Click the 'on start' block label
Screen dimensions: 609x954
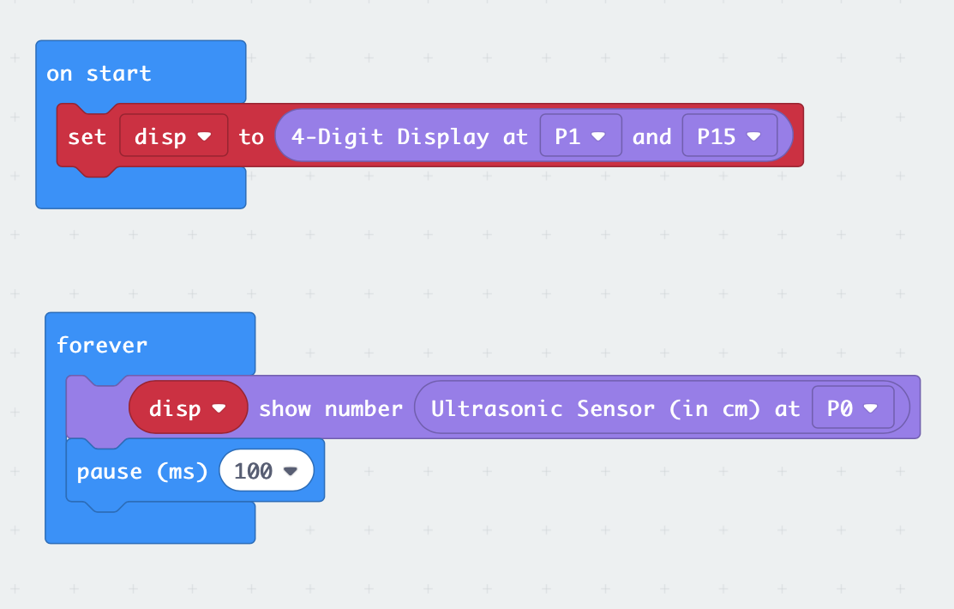[x=99, y=74]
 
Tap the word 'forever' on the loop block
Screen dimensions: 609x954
[x=101, y=345]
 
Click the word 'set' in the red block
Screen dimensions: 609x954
[x=87, y=136]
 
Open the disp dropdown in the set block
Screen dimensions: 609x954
[x=173, y=136]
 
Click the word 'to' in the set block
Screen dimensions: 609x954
[x=251, y=136]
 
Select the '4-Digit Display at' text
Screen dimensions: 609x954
[x=409, y=136]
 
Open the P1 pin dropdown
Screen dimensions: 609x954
[x=580, y=136]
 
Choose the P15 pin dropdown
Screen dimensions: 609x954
[x=729, y=136]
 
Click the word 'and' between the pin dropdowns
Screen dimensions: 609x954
[x=651, y=136]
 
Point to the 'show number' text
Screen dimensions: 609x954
[x=330, y=408]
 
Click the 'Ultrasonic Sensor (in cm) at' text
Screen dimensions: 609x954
[x=615, y=408]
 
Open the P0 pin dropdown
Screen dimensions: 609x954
[x=852, y=408]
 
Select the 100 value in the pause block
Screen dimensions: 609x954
[x=254, y=471]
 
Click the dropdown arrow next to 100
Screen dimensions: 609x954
[x=291, y=471]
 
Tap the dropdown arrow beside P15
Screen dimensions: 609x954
[x=754, y=136]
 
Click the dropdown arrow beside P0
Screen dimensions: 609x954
[x=872, y=409]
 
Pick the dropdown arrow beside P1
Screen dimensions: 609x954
[x=599, y=136]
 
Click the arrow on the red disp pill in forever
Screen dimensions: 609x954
[x=219, y=408]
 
